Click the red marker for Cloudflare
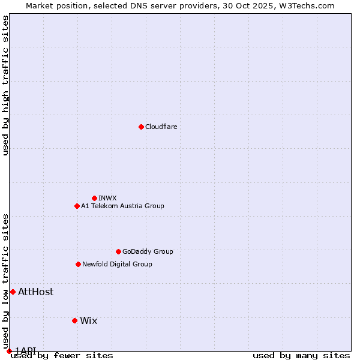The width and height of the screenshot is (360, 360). point(141,127)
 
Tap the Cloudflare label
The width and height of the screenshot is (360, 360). point(161,127)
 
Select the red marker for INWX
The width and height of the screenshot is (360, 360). point(94,198)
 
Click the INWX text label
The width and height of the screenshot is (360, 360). point(107,199)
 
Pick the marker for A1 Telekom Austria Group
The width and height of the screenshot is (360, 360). point(77,206)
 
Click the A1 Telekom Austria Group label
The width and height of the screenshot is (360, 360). point(122,206)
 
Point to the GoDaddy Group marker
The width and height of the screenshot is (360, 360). point(118,251)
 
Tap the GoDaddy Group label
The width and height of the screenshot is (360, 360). point(148,252)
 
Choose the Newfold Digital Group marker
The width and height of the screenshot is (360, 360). point(78,264)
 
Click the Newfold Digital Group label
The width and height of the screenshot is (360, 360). point(117,265)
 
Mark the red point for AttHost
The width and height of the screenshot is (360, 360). point(13,292)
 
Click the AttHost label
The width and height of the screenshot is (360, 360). point(35,292)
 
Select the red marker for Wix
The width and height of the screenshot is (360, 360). point(74,320)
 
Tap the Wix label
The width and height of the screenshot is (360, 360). point(88,321)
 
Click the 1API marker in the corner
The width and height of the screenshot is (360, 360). point(9,351)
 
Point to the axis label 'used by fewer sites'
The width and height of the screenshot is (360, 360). point(62,356)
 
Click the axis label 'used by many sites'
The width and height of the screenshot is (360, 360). point(301,356)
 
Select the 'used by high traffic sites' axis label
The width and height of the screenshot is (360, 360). point(6,85)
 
